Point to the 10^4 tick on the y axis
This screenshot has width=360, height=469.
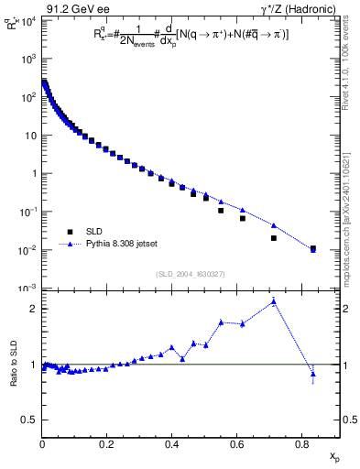point(27,20)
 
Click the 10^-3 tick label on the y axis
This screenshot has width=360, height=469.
point(27,289)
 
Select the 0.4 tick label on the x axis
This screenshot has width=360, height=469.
point(171,444)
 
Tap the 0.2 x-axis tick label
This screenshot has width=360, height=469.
point(107,444)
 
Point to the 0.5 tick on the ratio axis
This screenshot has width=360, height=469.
point(29,420)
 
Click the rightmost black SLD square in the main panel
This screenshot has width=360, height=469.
point(313,247)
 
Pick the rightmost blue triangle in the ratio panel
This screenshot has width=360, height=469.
point(313,374)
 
